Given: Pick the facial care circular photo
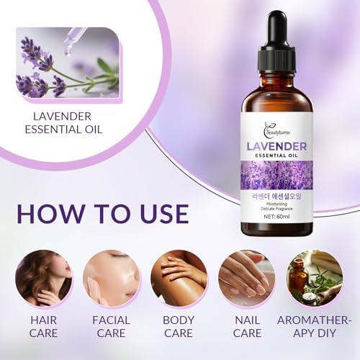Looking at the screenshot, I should point(111,278).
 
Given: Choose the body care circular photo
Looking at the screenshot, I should point(179,278).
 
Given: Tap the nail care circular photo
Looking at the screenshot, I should point(246,278).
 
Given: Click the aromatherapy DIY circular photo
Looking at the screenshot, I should point(314,278).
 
